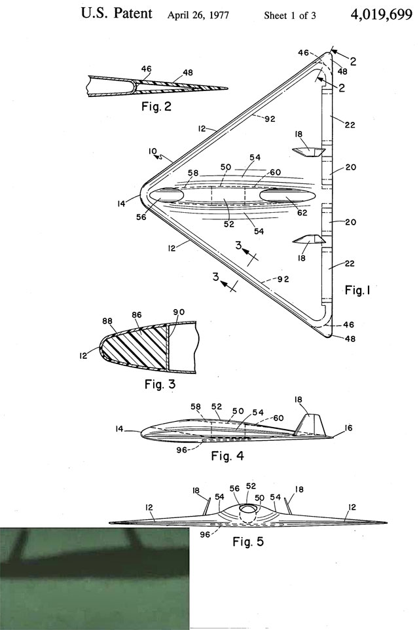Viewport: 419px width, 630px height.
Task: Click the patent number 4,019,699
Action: pos(381,14)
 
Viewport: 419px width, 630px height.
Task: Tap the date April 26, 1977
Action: pos(198,15)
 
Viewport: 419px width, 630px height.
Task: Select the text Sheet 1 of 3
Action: pos(290,16)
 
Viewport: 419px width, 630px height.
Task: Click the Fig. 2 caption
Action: pos(156,107)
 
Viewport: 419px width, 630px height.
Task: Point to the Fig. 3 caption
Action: pos(160,384)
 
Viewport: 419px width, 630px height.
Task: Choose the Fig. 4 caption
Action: pos(227,456)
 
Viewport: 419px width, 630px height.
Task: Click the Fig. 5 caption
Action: pos(248,542)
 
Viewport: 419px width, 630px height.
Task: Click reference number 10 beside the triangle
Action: pos(153,151)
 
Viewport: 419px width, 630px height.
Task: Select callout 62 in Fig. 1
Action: pos(302,213)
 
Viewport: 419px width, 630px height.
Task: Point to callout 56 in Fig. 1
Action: pos(141,217)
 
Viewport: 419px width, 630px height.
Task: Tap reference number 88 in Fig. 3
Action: pos(107,321)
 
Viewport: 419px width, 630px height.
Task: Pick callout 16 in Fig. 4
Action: pos(348,428)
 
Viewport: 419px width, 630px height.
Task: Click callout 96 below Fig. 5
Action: pos(205,535)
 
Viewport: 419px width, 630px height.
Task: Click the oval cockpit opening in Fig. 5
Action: pos(248,509)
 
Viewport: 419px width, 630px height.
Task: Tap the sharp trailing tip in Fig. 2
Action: pos(227,88)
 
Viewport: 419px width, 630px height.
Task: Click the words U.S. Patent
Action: pos(117,13)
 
